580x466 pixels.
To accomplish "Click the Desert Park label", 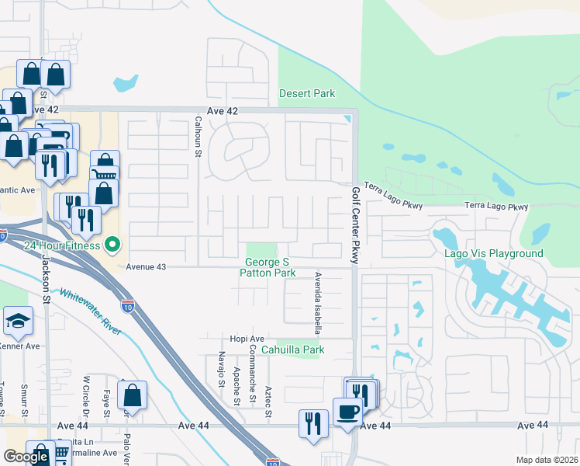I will click(307, 94).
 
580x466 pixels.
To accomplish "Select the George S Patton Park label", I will click(268, 268).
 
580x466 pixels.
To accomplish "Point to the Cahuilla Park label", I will click(292, 349).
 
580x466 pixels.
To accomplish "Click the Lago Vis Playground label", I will click(493, 254).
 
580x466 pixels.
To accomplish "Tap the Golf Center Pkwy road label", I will click(356, 226).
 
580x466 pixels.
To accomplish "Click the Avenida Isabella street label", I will click(317, 302).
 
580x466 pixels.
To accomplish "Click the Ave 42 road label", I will click(222, 111).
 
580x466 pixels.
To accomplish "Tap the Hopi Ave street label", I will click(247, 339).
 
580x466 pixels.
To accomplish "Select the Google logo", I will click(26, 457).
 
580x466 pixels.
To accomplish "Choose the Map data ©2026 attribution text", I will click(547, 460).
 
